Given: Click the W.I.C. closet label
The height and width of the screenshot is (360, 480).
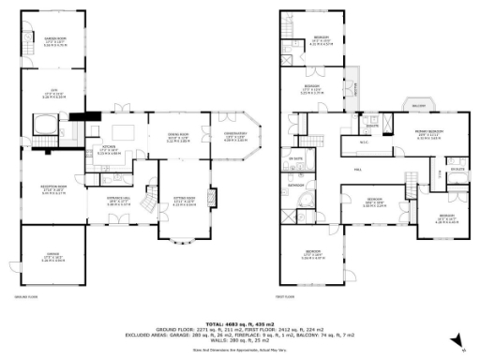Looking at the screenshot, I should (x=365, y=143).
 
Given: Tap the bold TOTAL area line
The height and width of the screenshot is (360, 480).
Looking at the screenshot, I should (x=240, y=322).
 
